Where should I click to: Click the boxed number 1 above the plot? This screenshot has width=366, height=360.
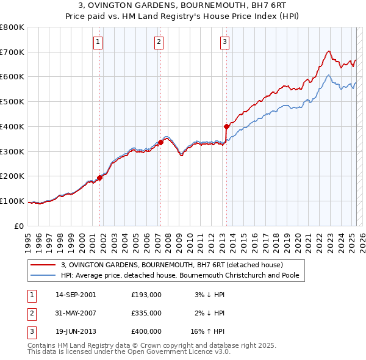(98, 42)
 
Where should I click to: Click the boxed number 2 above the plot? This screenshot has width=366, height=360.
(159, 42)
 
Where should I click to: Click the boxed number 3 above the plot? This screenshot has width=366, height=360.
(224, 42)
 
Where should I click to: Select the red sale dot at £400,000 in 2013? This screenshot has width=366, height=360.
(226, 126)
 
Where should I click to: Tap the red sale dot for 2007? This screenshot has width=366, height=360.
(160, 143)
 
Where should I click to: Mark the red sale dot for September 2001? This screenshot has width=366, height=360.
(99, 178)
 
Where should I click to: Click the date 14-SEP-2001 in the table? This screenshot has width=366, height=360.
(76, 294)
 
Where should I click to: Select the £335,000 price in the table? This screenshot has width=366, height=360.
(146, 312)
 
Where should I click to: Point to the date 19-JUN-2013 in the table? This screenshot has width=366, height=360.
(75, 331)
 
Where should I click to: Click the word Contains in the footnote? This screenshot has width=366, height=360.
(43, 345)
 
